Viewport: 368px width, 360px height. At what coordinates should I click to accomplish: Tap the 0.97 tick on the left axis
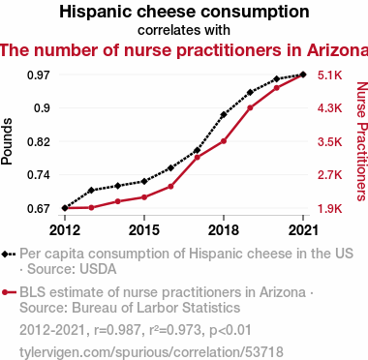39,75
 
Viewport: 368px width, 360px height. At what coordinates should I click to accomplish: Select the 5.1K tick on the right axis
329,75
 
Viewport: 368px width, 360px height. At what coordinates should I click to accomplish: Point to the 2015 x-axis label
144,230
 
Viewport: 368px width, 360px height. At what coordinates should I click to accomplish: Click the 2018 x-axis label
224,230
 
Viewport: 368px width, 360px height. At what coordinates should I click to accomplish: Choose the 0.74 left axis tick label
39,175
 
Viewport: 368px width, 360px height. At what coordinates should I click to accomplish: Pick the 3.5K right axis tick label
329,142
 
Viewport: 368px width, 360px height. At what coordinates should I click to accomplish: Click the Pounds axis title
7,141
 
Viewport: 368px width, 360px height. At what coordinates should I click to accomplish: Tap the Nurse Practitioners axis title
362,141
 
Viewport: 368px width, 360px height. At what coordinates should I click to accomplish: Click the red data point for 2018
224,141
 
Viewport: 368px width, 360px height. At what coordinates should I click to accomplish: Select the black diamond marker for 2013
91,191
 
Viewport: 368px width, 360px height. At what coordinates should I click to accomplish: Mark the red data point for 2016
170,187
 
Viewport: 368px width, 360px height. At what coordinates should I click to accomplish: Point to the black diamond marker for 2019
250,93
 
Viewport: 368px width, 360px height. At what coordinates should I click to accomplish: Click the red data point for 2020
276,88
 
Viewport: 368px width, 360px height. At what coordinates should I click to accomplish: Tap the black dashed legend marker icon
9,255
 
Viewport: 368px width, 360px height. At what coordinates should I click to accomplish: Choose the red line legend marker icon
9,292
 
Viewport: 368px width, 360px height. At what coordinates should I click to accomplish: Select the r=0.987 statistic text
117,330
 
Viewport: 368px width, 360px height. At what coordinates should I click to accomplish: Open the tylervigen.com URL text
151,352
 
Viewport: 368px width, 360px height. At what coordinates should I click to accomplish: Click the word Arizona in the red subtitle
337,50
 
